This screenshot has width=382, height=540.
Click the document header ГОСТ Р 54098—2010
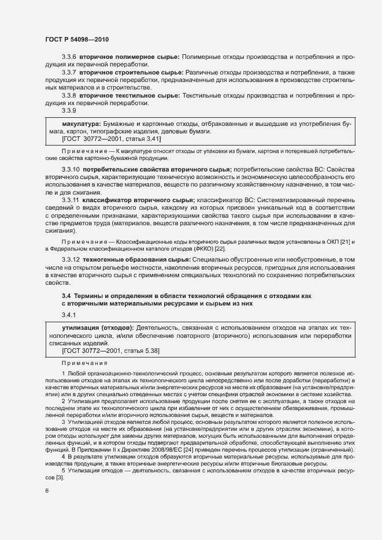73,39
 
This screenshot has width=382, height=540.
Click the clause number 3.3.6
69,58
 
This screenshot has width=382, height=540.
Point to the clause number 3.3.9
69,110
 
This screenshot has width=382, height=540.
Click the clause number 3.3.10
71,169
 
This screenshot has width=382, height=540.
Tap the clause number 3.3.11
71,200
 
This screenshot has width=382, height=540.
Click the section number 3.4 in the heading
66,296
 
